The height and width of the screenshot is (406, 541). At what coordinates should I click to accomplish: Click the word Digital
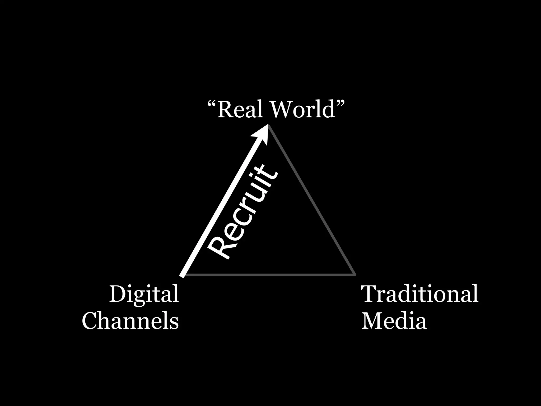coord(144,294)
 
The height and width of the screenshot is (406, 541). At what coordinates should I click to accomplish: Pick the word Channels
coord(130,321)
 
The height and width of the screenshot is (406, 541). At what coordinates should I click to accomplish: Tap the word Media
coord(394,321)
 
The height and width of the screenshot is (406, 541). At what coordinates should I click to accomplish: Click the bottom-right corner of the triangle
coord(355,275)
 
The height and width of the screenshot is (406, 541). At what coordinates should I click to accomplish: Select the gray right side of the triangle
coord(312,201)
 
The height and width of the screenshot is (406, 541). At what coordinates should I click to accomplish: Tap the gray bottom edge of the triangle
coord(269,275)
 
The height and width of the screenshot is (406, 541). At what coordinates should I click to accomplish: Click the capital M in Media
coord(371,321)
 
